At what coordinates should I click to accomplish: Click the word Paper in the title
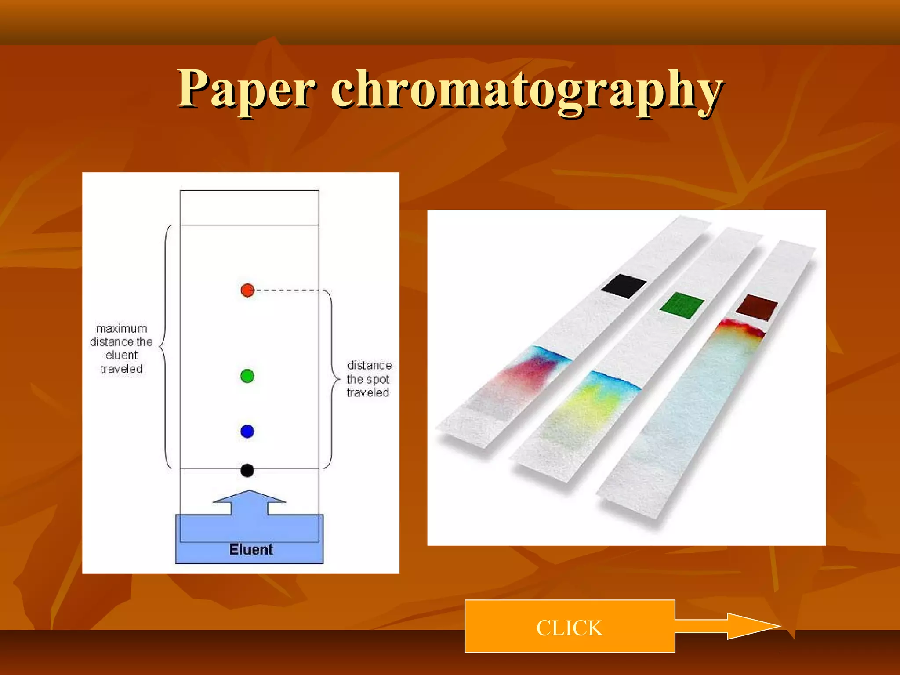tap(246, 90)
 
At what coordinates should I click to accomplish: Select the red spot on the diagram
tap(247, 290)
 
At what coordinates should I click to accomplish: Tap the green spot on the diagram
tap(247, 376)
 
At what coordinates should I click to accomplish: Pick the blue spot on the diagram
tap(247, 431)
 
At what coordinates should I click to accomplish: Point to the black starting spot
tap(247, 471)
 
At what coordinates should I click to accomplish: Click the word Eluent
tap(251, 549)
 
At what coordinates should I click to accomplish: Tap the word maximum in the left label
tap(121, 329)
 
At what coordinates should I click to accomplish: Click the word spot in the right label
tap(378, 379)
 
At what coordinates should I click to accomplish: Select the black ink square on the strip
tap(623, 286)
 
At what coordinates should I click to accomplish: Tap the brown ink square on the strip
tap(757, 307)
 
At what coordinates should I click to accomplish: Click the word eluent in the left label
tap(122, 355)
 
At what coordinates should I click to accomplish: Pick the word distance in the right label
tap(369, 366)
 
